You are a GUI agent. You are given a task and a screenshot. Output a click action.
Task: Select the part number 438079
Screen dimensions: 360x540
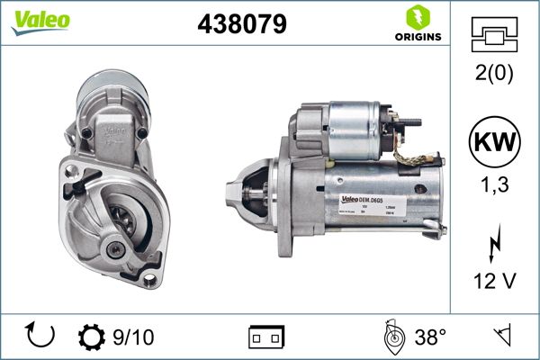(242, 25)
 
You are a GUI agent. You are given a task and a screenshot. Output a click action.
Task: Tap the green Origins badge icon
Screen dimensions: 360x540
(417, 17)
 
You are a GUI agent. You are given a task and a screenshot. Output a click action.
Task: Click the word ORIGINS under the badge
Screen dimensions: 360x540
(417, 37)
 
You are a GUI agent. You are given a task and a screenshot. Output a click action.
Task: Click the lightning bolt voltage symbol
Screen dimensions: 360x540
(494, 243)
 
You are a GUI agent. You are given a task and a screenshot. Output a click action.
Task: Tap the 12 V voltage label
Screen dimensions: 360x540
(494, 282)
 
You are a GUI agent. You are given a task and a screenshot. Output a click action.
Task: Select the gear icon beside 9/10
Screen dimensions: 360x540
(92, 337)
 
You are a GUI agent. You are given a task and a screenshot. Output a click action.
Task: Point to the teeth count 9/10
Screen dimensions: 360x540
(132, 337)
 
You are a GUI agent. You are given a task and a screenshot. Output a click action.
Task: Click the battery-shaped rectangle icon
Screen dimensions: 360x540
(266, 337)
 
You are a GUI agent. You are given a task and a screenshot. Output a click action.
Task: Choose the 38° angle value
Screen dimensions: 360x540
(431, 337)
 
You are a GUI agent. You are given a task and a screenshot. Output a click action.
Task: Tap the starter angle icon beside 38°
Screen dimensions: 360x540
(391, 337)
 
